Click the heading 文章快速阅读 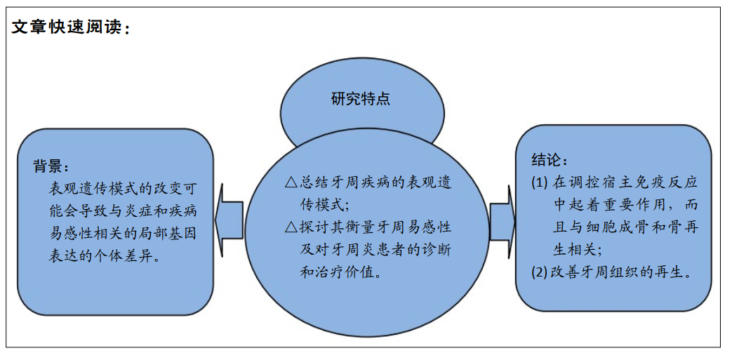[66, 27]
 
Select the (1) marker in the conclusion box [539, 182]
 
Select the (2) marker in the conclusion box [539, 273]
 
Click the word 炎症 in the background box [136, 211]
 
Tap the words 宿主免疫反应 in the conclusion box [652, 182]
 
